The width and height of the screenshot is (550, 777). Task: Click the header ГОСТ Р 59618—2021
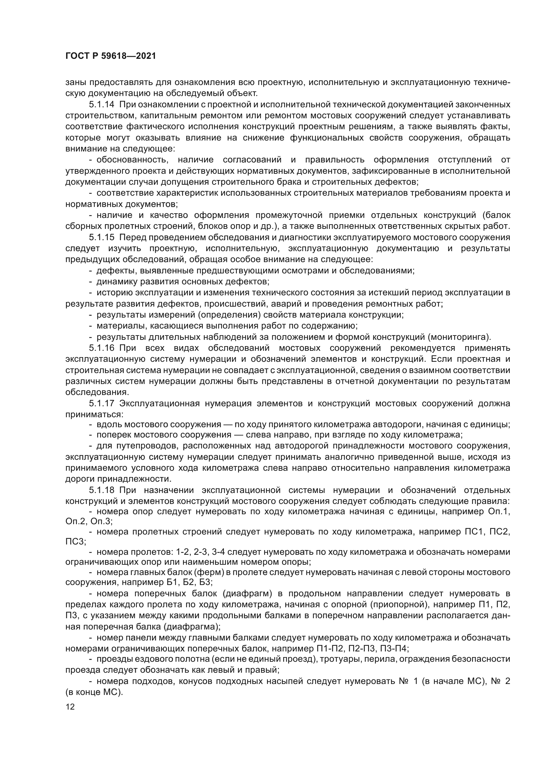point(110,56)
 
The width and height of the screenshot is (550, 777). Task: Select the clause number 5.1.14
point(102,105)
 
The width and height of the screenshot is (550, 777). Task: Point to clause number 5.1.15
point(102,238)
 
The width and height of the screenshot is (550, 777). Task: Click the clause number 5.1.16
point(102,348)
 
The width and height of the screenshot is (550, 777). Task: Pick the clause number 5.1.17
point(102,404)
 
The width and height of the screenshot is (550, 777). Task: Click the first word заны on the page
point(74,82)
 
